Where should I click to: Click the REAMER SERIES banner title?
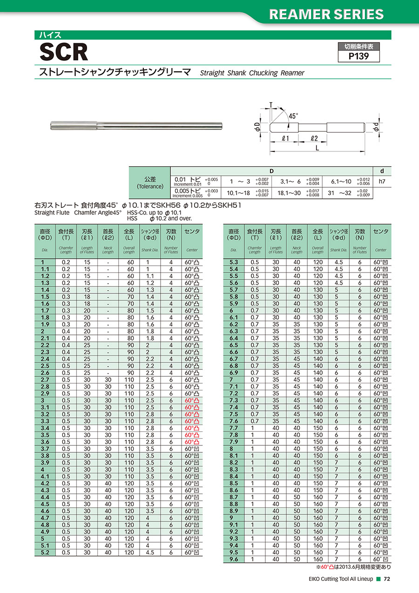pos(327,14)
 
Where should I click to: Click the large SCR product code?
pos(64,53)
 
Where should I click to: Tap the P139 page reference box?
pos(358,56)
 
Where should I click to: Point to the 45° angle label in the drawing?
pos(293,116)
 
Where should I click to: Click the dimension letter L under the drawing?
pos(317,148)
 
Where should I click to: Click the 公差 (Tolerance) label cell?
pos(150,182)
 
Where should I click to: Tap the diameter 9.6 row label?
pos(234,559)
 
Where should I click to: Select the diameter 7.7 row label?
pos(234,428)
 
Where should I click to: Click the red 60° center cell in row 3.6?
pos(191,442)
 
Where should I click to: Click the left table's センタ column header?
pos(192,232)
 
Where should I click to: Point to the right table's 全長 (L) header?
pos(318,234)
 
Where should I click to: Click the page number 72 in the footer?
pos(386,579)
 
